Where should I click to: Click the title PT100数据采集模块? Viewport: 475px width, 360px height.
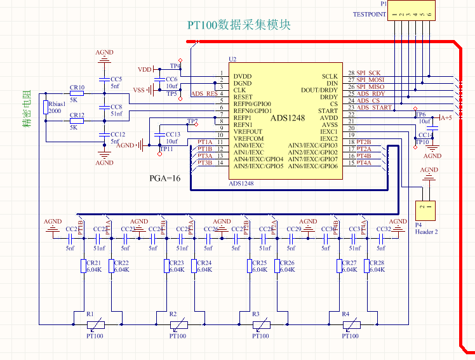coord(239,25)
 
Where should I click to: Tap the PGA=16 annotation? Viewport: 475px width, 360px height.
coord(165,179)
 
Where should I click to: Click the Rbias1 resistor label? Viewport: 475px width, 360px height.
coord(56,103)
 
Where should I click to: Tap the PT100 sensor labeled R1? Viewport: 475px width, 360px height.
coord(95,324)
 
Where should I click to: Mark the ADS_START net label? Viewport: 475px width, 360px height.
coord(374,108)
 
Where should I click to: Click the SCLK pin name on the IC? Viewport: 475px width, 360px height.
coord(330,76)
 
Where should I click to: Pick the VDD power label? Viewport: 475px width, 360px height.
coord(145,69)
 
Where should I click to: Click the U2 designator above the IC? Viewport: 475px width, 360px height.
coord(232,59)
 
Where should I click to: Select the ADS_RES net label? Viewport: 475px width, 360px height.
coord(204,94)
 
